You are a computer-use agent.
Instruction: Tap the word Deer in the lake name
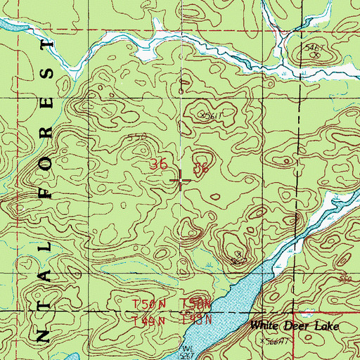[x=294, y=328]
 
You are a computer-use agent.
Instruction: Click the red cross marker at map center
[x=181, y=181]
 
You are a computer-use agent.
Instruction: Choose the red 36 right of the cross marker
[x=201, y=168]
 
